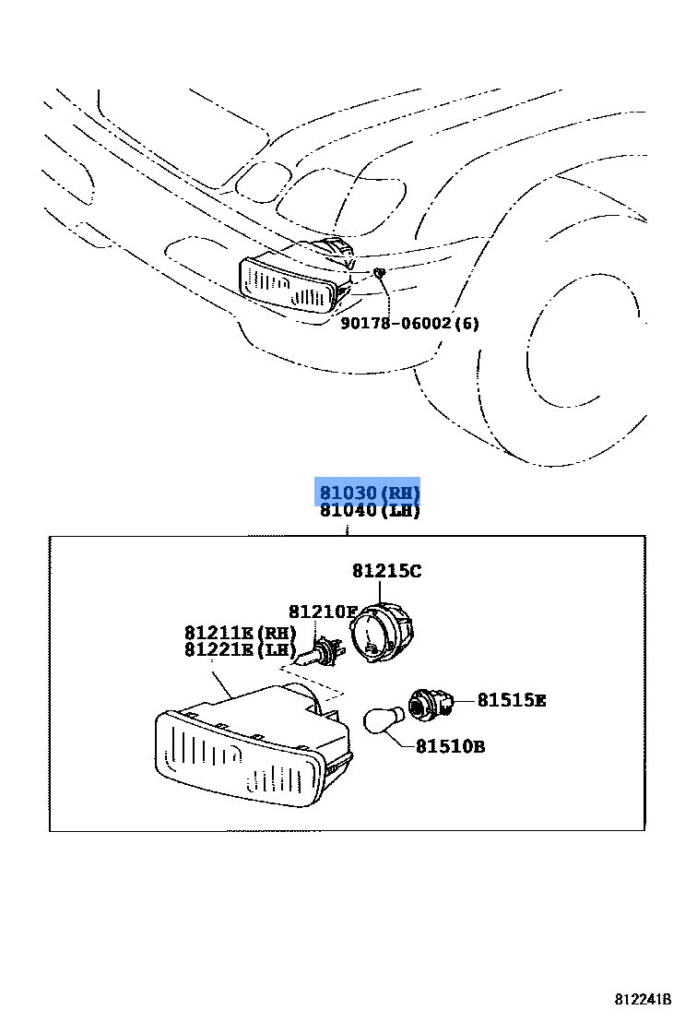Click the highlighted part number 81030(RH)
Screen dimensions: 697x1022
tap(369, 493)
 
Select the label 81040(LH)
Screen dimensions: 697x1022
tap(369, 511)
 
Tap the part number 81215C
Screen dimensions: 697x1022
tap(385, 572)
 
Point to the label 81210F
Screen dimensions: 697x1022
tap(322, 612)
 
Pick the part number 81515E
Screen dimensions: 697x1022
tap(511, 701)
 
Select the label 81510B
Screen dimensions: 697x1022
tap(449, 746)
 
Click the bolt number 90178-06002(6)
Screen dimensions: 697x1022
tap(409, 324)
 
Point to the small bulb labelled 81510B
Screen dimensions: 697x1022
tap(383, 719)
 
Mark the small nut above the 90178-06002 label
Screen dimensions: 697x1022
tap(378, 272)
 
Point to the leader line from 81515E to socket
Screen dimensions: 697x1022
tap(465, 702)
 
